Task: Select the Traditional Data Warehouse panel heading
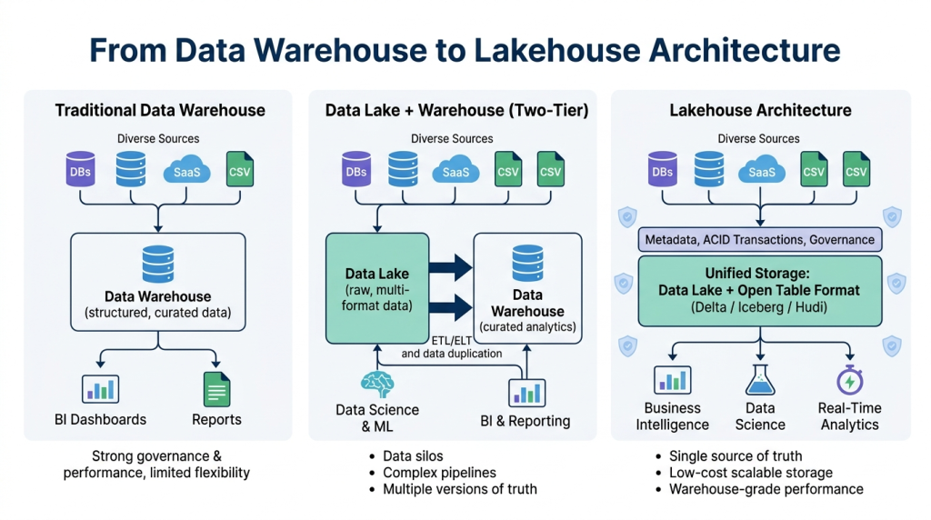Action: [160, 110]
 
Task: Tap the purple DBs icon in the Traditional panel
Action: [81, 171]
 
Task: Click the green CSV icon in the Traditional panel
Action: [240, 170]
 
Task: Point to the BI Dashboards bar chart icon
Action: [100, 389]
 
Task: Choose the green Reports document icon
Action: [216, 389]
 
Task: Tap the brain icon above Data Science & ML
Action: [377, 383]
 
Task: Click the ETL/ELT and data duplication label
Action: [451, 345]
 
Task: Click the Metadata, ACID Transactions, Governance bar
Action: [760, 240]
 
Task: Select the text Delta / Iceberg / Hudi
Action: [760, 307]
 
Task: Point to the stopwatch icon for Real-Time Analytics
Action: [849, 379]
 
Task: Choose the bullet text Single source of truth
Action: [736, 455]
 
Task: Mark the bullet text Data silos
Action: [413, 455]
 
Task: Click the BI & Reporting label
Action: [526, 421]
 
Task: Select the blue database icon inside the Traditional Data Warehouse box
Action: [158, 264]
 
